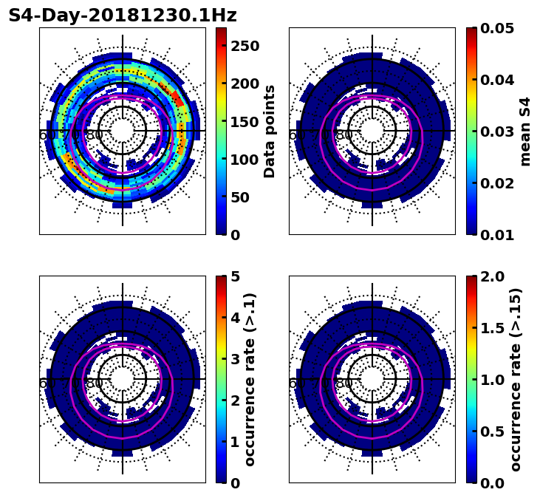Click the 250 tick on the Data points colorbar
245,46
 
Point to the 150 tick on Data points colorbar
245,121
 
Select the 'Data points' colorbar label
270,131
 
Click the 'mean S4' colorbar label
525,131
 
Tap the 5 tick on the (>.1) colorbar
236,276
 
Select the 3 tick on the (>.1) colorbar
236,359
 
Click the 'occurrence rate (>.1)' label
250,379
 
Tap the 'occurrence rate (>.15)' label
516,379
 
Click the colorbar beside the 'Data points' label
221,131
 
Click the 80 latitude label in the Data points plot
95,135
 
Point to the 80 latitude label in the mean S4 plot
344,135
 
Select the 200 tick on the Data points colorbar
245,83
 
